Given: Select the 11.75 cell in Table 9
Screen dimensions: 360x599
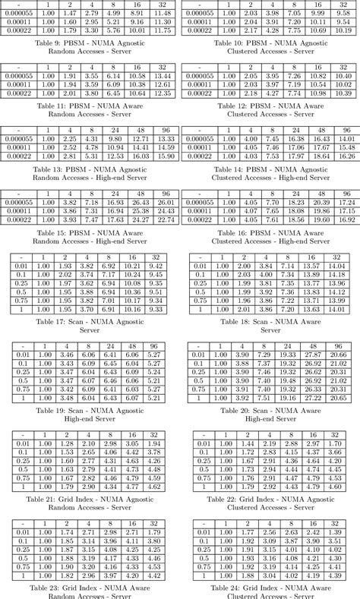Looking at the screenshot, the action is (x=162, y=31).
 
